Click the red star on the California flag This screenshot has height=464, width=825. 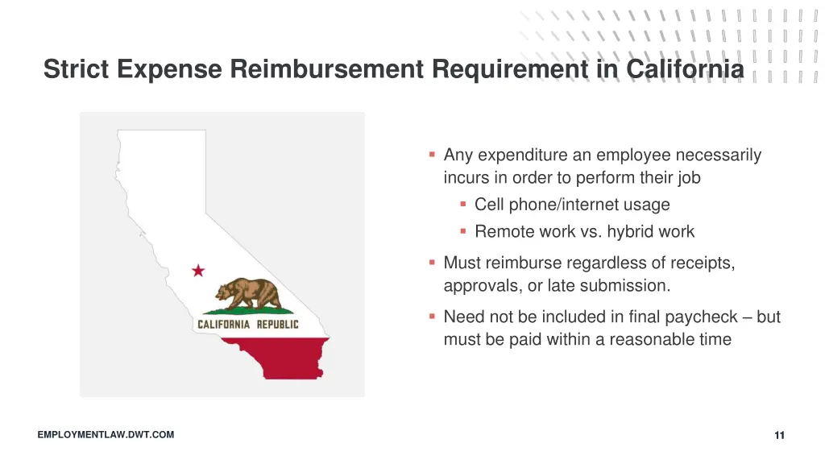198,271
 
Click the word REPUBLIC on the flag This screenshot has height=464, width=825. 277,325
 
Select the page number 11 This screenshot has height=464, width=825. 779,436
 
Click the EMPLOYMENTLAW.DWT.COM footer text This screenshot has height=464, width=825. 106,435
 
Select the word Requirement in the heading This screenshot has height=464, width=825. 510,70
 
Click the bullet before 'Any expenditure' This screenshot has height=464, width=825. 433,153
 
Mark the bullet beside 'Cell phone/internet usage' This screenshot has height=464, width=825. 463,203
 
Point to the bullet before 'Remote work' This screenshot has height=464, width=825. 463,230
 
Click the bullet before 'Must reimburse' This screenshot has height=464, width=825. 433,261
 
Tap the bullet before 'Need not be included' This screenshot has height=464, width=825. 433,316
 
